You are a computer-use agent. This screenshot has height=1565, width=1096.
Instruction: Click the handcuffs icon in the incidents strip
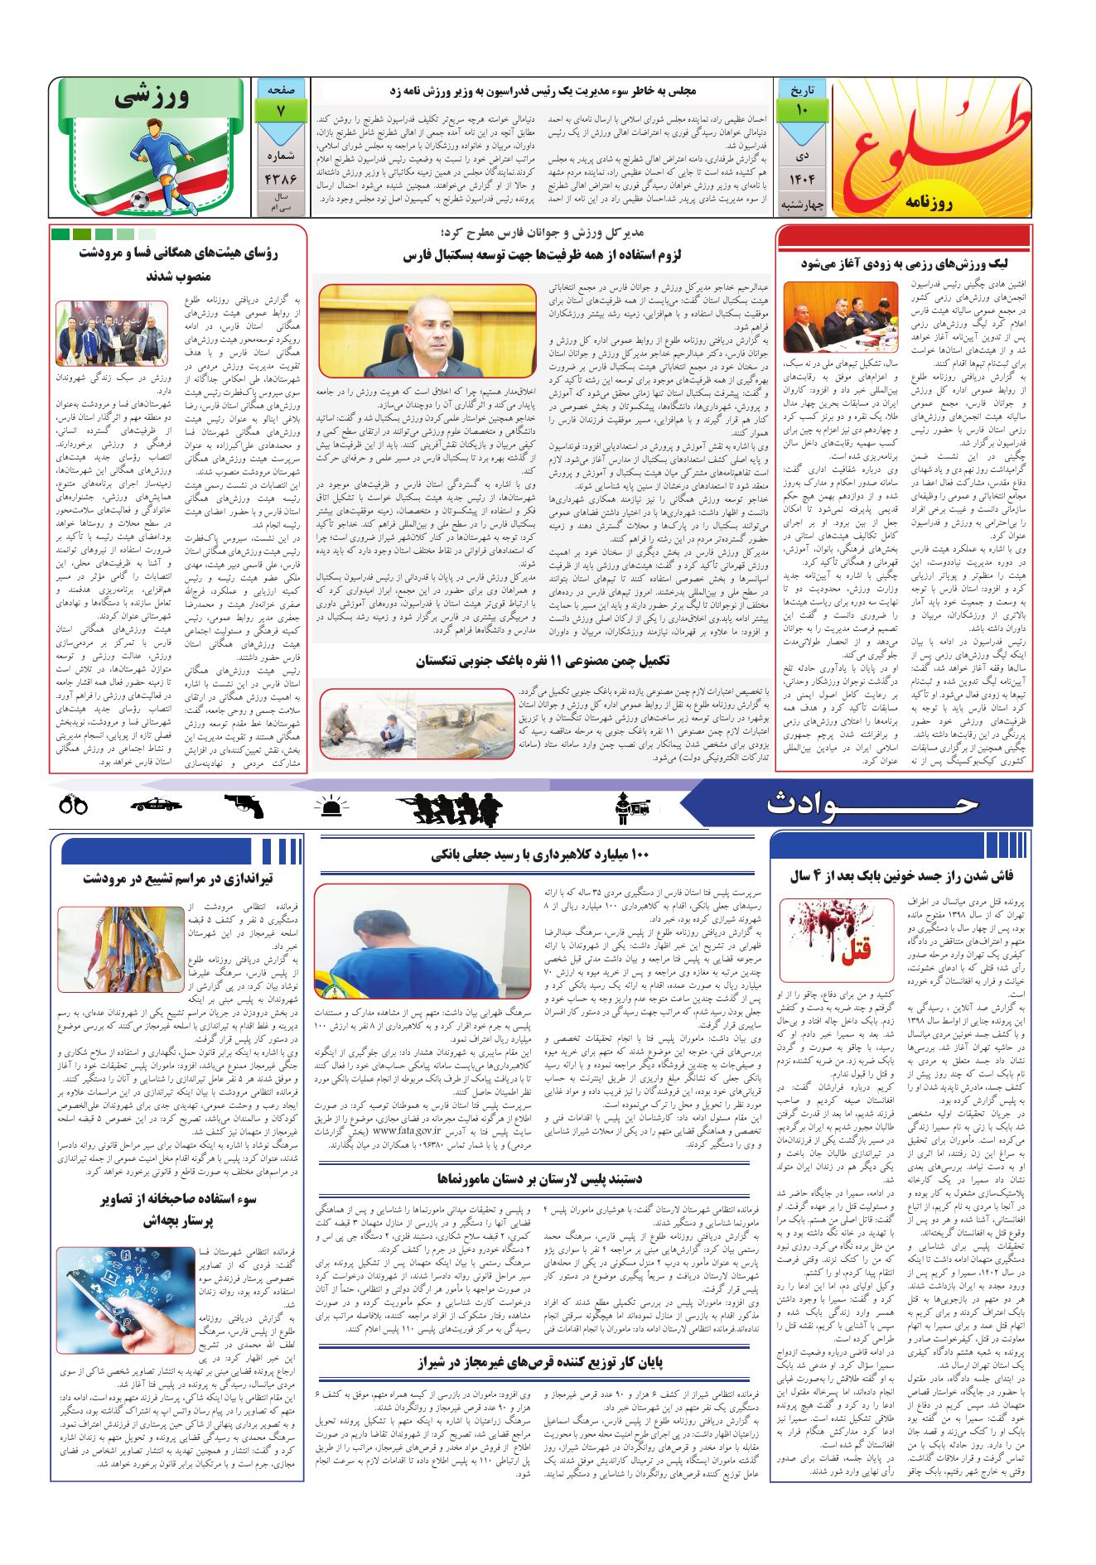pyautogui.click(x=73, y=804)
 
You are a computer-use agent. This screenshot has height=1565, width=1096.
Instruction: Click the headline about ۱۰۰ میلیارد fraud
pyautogui.click(x=538, y=855)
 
